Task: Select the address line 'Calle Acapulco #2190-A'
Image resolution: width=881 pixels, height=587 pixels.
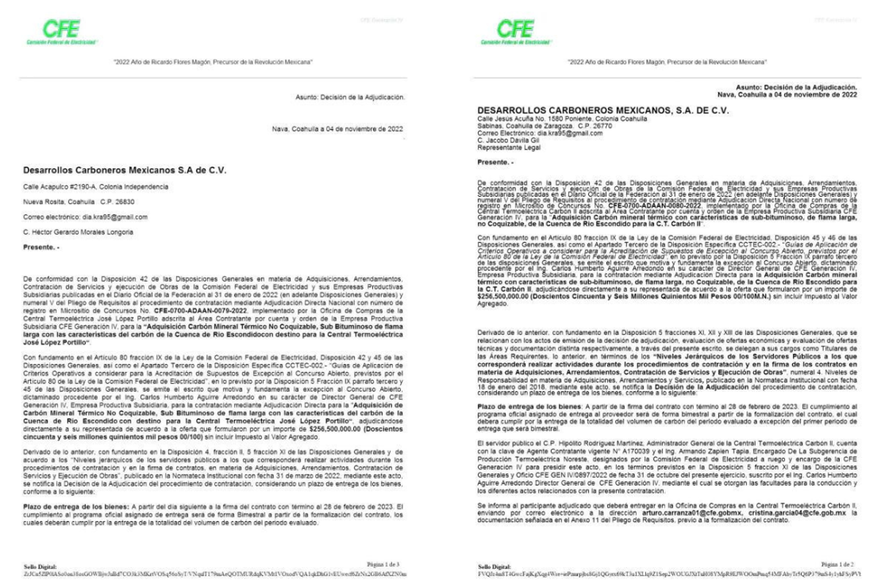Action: click(96, 188)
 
